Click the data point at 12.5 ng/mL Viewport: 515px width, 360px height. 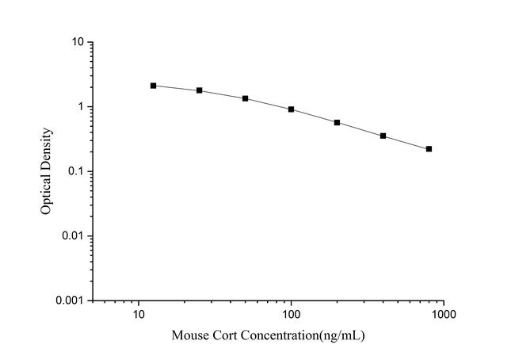coord(154,86)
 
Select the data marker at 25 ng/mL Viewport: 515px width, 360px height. coord(200,90)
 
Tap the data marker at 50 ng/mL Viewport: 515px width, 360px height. coord(246,98)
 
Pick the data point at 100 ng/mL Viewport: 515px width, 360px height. coord(292,109)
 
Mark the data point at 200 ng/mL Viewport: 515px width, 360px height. coord(338,123)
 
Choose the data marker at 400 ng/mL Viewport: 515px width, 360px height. coord(383,136)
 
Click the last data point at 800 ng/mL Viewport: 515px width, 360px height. coord(429,149)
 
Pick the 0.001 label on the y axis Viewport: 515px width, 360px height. coord(71,301)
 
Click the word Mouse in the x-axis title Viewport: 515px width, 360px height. coord(189,336)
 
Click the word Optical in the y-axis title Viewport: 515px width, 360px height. coord(48,196)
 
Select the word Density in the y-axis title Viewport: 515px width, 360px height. coord(48,151)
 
